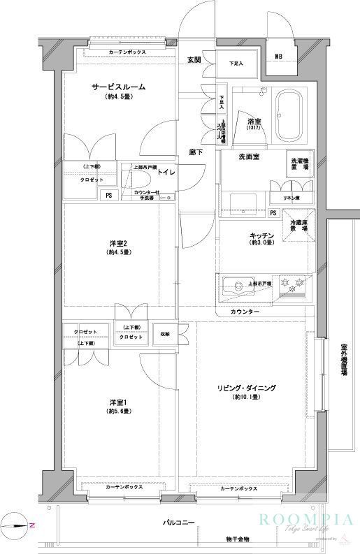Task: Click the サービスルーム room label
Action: (118, 87)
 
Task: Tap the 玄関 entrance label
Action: (194, 61)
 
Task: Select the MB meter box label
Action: (279, 57)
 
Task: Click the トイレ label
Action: (166, 171)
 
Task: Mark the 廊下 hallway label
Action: (196, 152)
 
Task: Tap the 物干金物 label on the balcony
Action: (240, 539)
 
